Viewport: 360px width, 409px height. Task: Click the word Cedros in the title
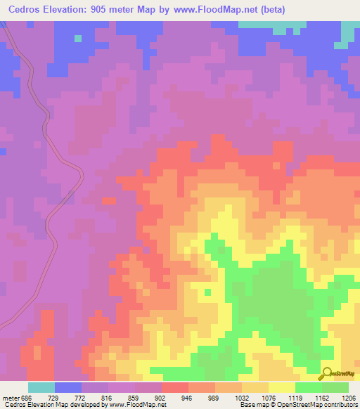click(25, 10)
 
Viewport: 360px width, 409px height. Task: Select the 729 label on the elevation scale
click(63, 397)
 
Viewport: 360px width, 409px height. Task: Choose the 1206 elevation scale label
click(349, 397)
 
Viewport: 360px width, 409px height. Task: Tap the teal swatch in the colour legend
click(41, 387)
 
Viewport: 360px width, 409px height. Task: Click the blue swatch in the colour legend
click(68, 387)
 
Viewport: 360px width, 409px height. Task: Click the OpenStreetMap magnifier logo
click(326, 373)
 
